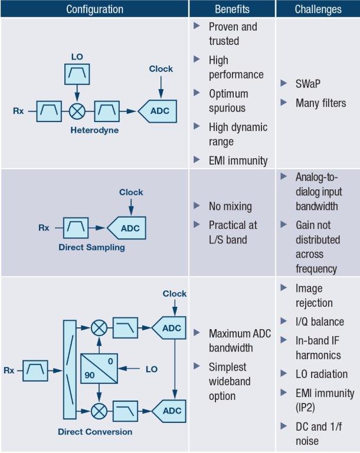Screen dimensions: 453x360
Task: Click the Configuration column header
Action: (x=94, y=9)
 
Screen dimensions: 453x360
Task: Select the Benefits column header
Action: (x=232, y=9)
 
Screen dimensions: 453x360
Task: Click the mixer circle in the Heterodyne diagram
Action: (x=76, y=110)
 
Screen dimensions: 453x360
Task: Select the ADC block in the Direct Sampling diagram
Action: (x=129, y=227)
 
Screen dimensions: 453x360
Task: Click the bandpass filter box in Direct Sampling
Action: (x=76, y=226)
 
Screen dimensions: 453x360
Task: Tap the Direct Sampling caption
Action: (x=91, y=247)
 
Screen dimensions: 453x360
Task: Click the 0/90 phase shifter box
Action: (x=99, y=369)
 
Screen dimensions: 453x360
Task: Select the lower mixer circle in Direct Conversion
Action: (x=99, y=410)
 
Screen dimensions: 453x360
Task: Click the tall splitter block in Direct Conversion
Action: (x=68, y=370)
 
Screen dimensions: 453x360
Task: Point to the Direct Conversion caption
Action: (x=95, y=432)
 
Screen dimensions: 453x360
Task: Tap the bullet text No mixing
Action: (x=230, y=206)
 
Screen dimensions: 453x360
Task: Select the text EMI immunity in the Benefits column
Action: (x=238, y=160)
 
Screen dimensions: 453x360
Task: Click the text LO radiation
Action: (x=322, y=374)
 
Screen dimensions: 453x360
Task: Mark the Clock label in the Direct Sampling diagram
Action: (x=131, y=192)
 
